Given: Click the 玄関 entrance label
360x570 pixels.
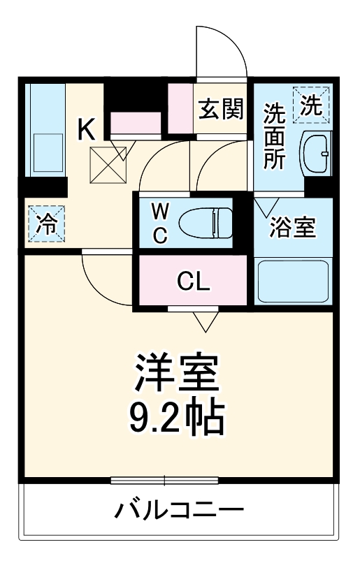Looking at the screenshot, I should pyautogui.click(x=219, y=109).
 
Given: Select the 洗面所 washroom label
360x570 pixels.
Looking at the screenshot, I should pyautogui.click(x=274, y=136).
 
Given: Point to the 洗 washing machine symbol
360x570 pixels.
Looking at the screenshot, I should pyautogui.click(x=312, y=105).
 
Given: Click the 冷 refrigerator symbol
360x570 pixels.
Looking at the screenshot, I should pyautogui.click(x=45, y=224).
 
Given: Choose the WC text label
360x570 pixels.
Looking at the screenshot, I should pyautogui.click(x=160, y=224).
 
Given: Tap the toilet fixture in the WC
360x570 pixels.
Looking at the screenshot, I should pyautogui.click(x=204, y=224).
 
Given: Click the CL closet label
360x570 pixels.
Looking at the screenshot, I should pyautogui.click(x=193, y=282).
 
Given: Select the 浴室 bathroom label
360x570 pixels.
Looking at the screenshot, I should pyautogui.click(x=294, y=228).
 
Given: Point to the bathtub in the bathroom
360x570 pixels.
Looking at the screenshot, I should pyautogui.click(x=294, y=282).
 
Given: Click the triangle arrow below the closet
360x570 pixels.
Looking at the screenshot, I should pyautogui.click(x=204, y=321).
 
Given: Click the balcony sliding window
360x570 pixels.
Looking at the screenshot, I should pyautogui.click(x=165, y=480).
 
